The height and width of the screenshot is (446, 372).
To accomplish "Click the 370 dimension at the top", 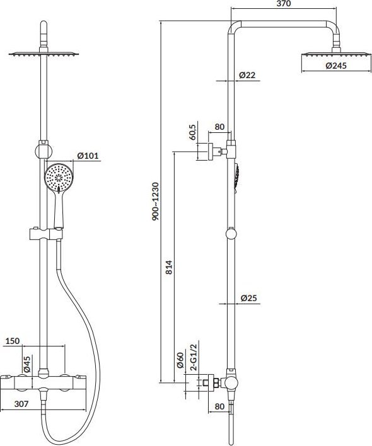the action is tap(284, 3).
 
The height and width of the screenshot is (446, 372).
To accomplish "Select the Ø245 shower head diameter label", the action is tap(336, 66).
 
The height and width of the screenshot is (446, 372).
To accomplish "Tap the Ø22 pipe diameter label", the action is tap(247, 75).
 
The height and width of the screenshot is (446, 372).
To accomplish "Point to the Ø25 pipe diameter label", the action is tap(248, 298).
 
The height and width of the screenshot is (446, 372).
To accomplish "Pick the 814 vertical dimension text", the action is tap(169, 267).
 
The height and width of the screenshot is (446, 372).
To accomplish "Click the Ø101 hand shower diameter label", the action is tap(88, 156).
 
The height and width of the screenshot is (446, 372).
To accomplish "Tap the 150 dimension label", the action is tap(12, 341).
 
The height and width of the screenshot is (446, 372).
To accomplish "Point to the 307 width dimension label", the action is tap(21, 404).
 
